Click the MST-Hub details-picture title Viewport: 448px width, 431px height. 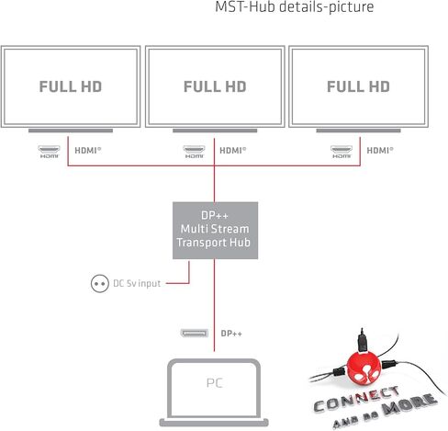tap(295, 6)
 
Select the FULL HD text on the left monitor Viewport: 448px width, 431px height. tap(71, 86)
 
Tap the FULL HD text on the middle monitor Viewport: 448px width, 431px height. tap(215, 86)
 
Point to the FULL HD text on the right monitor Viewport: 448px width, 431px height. tap(358, 86)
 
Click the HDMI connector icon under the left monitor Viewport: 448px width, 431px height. tap(49, 152)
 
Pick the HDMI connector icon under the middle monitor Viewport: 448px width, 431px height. tap(194, 152)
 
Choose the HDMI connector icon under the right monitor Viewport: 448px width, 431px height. tap(342, 152)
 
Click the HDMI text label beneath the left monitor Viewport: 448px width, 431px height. tap(88, 151)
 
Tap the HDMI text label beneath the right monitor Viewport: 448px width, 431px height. tap(380, 151)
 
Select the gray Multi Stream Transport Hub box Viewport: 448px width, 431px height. tap(215, 231)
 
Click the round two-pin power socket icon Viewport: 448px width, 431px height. tap(100, 283)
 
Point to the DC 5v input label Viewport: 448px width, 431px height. tap(137, 283)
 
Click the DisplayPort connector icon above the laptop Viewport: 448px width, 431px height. tap(195, 334)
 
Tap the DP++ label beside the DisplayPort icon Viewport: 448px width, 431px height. tap(231, 334)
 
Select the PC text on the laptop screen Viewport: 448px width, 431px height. tap(215, 383)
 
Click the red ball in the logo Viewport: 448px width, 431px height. tap(364, 369)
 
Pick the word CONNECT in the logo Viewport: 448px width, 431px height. tap(357, 399)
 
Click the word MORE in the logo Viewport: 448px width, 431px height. tap(409, 403)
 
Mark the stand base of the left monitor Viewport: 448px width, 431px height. tap(71, 130)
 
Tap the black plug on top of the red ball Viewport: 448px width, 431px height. tap(363, 341)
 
